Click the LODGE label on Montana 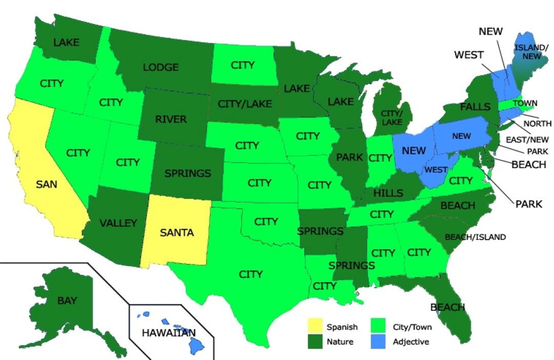pos(161,67)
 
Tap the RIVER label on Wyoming pos(171,119)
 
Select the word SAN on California pos(47,184)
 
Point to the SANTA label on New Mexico pos(176,232)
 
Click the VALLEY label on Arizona pos(118,223)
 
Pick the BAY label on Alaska pos(67,301)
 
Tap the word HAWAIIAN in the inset pos(169,333)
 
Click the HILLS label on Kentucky pos(388,193)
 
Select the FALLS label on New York pos(475,107)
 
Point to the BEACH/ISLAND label pos(475,237)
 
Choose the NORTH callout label pos(538,123)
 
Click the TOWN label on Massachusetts pos(525,103)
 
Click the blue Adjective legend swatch pos(379,341)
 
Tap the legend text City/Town pos(412,327)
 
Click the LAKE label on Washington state pos(67,42)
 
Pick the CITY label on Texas pos(251,274)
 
